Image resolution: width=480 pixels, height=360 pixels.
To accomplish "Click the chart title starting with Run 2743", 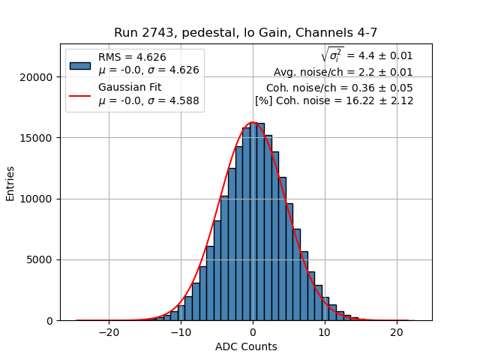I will [x=245, y=33].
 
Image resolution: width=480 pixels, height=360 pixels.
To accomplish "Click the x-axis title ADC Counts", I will [x=245, y=346].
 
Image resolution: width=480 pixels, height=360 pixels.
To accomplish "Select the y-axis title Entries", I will [x=10, y=183].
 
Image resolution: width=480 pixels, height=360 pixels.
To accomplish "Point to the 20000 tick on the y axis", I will [x=37, y=77].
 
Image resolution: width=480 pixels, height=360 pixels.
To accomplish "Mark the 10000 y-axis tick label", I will [x=37, y=199].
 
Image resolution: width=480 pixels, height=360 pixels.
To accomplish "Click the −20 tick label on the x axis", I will [x=109, y=332].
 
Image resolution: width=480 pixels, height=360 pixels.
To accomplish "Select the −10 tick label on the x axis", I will [x=181, y=332].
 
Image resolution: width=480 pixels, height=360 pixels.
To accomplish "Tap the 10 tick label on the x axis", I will [x=325, y=332].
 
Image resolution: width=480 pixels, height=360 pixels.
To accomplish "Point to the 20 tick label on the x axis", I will [x=397, y=332].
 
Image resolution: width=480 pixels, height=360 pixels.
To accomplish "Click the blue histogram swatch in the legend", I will [x=80, y=64].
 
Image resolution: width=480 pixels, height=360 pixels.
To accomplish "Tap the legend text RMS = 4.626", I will [x=132, y=57].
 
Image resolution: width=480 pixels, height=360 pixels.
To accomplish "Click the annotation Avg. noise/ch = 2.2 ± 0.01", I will [x=343, y=73].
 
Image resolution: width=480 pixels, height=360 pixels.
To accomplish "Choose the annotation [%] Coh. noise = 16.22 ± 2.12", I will [x=334, y=100].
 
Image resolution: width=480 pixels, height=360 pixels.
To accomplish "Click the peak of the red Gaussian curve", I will [x=253, y=122].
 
